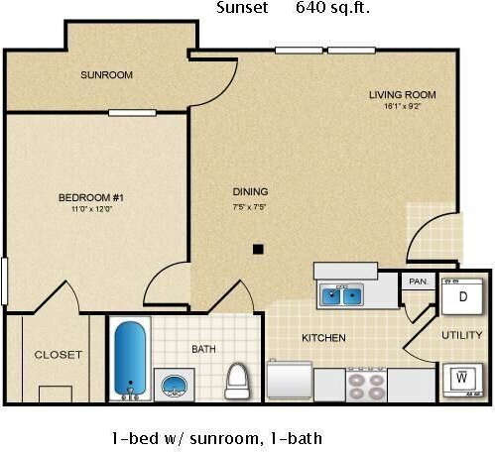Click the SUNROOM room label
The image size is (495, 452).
107,75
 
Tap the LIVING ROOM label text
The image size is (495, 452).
402,95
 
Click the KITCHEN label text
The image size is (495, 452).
323,338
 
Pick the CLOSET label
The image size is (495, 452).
59,355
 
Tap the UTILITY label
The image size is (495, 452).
461,335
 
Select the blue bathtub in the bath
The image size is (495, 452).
130,358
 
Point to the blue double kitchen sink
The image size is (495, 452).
341,294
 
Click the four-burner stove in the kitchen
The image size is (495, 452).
362,384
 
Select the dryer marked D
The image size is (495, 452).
462,296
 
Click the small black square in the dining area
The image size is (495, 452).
258,249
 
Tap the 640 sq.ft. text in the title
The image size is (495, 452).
334,9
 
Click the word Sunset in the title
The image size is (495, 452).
240,9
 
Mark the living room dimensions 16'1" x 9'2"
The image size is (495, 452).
402,107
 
